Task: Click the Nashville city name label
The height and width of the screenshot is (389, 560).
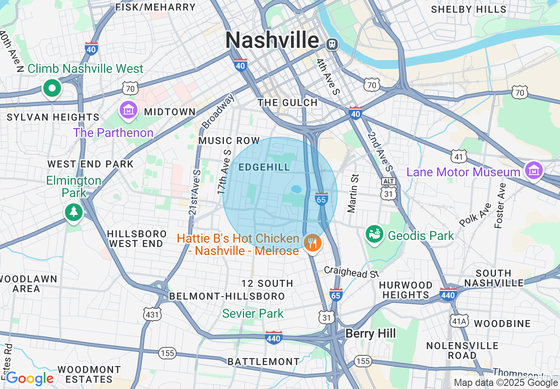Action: point(272,41)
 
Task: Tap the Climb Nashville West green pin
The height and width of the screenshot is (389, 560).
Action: point(52,88)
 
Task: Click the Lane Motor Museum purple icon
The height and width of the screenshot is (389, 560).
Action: point(534,170)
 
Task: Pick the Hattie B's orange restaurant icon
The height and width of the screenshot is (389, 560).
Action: point(313,243)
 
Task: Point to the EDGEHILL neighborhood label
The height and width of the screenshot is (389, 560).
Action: point(264,167)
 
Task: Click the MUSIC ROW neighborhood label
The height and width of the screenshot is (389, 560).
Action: point(229,141)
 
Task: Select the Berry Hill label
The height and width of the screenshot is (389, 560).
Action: point(371,333)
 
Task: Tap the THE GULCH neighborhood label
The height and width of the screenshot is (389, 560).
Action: point(288,103)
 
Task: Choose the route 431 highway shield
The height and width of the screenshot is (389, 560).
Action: point(152,314)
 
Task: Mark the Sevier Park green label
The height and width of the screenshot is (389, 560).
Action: point(253,314)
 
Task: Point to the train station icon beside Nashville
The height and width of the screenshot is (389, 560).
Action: point(332,44)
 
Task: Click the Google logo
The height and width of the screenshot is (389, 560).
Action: point(30,378)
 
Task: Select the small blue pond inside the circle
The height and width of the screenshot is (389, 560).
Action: point(296,189)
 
